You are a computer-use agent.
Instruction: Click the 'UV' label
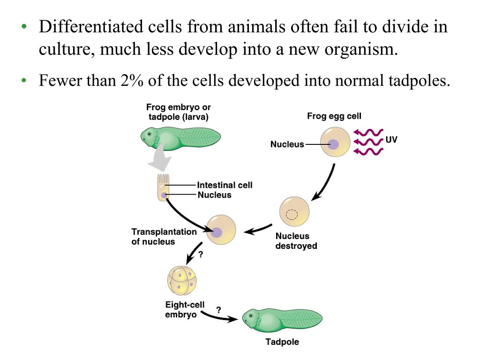(391, 139)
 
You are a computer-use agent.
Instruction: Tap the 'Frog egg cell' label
(334, 116)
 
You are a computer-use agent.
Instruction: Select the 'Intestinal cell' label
(225, 185)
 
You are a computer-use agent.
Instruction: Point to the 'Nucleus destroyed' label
(296, 241)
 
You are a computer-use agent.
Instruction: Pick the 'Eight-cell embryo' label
(185, 310)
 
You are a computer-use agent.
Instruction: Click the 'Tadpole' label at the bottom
(282, 342)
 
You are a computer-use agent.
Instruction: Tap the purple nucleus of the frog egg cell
(333, 144)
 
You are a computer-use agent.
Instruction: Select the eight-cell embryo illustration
(180, 280)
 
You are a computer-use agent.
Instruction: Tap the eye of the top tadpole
(150, 134)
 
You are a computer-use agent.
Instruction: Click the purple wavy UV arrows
(368, 141)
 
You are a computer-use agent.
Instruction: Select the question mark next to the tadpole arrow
(218, 309)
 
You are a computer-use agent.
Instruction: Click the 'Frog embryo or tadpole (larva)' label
(178, 112)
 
